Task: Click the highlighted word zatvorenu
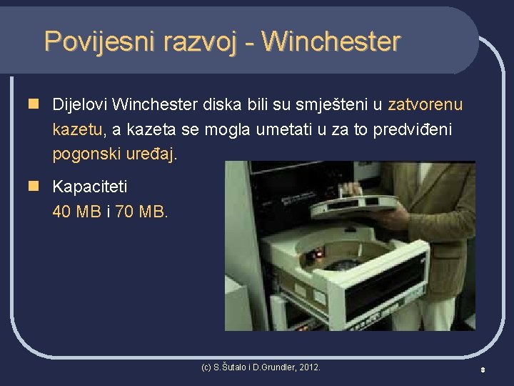click(425, 105)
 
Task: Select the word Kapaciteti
click(90, 187)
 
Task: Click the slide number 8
click(483, 370)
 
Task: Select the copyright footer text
click(261, 367)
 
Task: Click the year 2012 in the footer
click(308, 367)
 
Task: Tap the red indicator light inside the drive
click(319, 254)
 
